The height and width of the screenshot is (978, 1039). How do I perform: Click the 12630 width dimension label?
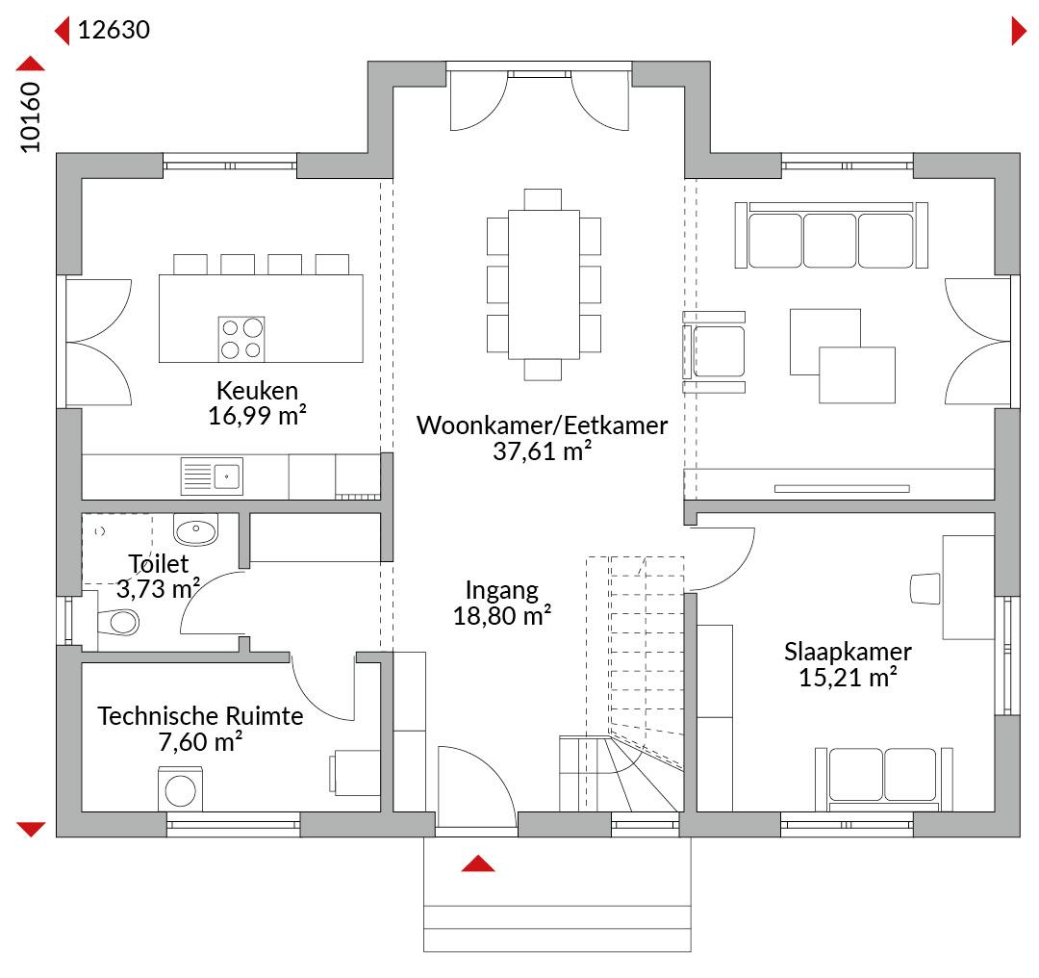tap(114, 30)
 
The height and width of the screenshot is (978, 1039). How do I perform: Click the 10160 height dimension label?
tap(31, 116)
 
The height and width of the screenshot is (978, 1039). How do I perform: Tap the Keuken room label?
tap(257, 391)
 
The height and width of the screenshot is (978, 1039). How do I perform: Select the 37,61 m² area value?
tap(542, 451)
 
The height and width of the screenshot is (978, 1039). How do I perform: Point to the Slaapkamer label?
tap(848, 652)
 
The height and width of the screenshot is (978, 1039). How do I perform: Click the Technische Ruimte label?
tap(200, 716)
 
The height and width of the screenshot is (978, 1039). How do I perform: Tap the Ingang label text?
tap(501, 590)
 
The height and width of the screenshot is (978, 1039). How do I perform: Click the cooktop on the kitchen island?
tap(241, 339)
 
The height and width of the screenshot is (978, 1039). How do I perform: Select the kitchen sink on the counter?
tap(212, 476)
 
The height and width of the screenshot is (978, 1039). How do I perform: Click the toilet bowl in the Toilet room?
tap(118, 623)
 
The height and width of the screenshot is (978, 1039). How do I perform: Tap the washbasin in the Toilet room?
tap(195, 529)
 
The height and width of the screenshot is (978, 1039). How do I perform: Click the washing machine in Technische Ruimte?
tap(180, 789)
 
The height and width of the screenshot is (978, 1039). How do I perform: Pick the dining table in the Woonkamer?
tap(544, 285)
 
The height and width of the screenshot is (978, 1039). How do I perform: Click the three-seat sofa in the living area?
tap(831, 236)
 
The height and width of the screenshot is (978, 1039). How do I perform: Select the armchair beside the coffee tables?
tap(714, 351)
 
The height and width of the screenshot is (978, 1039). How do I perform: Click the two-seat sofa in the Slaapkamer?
tap(884, 779)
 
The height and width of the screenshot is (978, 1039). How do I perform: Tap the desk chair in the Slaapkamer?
tap(925, 589)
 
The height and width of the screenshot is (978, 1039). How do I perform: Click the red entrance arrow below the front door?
tap(478, 863)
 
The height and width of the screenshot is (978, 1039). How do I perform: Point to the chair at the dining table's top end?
tap(543, 199)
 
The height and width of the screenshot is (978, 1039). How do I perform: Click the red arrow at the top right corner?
tap(1019, 31)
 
